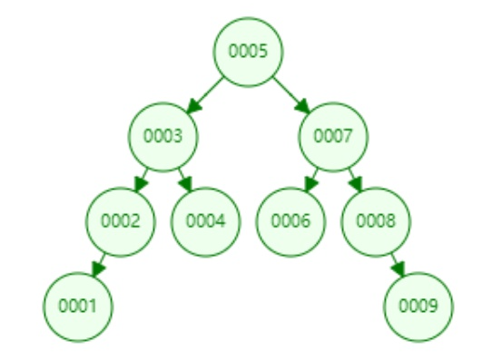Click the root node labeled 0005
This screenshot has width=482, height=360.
click(249, 51)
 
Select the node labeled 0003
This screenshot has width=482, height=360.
click(163, 136)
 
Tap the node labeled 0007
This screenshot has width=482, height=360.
click(334, 136)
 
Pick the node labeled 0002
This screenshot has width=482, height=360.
click(121, 220)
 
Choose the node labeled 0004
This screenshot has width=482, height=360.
click(206, 220)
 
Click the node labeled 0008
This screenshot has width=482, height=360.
click(377, 220)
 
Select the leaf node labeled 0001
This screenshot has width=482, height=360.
click(78, 306)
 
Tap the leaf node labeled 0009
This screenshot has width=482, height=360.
click(418, 306)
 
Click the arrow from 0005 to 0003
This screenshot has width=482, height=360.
click(206, 93)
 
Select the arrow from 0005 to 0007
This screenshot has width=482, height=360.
click(291, 93)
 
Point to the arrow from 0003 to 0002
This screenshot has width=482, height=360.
click(143, 178)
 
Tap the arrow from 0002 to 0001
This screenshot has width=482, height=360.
click(100, 263)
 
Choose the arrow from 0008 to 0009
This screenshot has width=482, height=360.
click(398, 263)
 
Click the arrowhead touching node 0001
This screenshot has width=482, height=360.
click(95, 271)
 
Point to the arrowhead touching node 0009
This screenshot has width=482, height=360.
click(401, 271)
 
